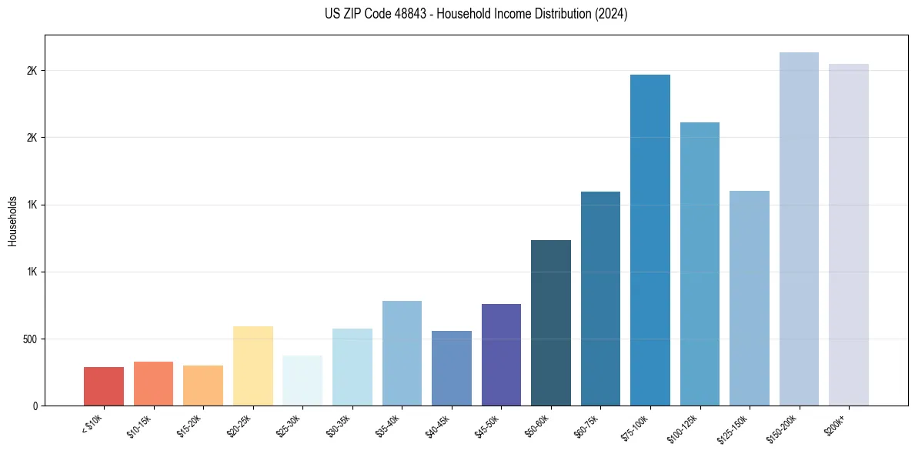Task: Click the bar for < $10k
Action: [x=104, y=386]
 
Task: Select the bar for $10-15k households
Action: [x=153, y=383]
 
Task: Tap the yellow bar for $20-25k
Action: [x=252, y=366]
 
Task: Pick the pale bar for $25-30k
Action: [x=302, y=380]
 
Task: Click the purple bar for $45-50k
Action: [x=501, y=355]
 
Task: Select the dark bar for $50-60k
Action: [x=551, y=322]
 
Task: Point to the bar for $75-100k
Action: [x=650, y=240]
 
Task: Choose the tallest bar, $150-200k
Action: [x=799, y=229]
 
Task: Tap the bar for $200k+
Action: [x=849, y=235]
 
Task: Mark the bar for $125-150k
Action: [x=750, y=298]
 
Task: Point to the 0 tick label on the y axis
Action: [x=35, y=406]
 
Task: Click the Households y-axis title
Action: [x=12, y=220]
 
